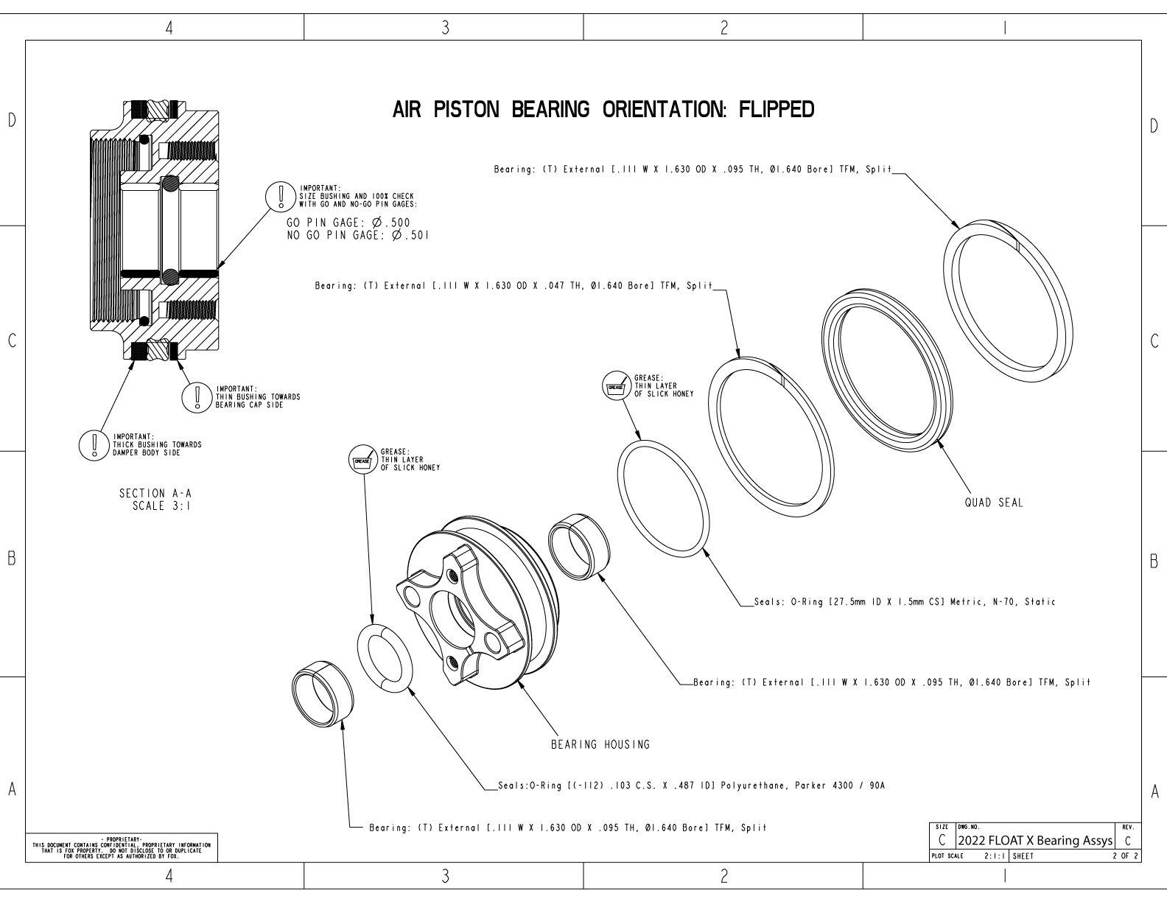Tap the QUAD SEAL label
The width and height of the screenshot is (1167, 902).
[x=994, y=503]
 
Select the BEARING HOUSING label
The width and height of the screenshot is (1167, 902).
[x=600, y=744]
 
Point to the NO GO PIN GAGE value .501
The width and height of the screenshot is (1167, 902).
[x=410, y=236]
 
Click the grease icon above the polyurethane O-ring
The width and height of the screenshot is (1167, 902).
[x=362, y=460]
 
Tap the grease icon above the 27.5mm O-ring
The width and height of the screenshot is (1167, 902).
[x=615, y=385]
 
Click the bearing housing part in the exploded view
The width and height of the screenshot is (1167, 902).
[x=472, y=612]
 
